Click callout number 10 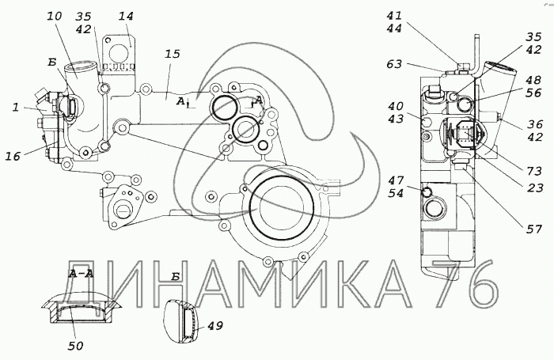[x=55, y=16]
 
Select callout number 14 [x=126, y=16]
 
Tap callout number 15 [x=173, y=54]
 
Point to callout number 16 [x=13, y=156]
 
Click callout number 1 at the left [x=16, y=107]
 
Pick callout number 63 [x=394, y=64]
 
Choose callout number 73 [x=534, y=171]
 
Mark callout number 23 [x=534, y=188]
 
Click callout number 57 [x=534, y=229]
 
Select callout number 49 [x=215, y=325]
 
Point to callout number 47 [x=396, y=180]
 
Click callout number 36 [x=534, y=123]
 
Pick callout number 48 [x=533, y=80]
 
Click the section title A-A [x=82, y=273]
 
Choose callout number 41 [x=394, y=16]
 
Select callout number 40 [x=396, y=106]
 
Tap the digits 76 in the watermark [x=465, y=284]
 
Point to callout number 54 [x=396, y=193]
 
